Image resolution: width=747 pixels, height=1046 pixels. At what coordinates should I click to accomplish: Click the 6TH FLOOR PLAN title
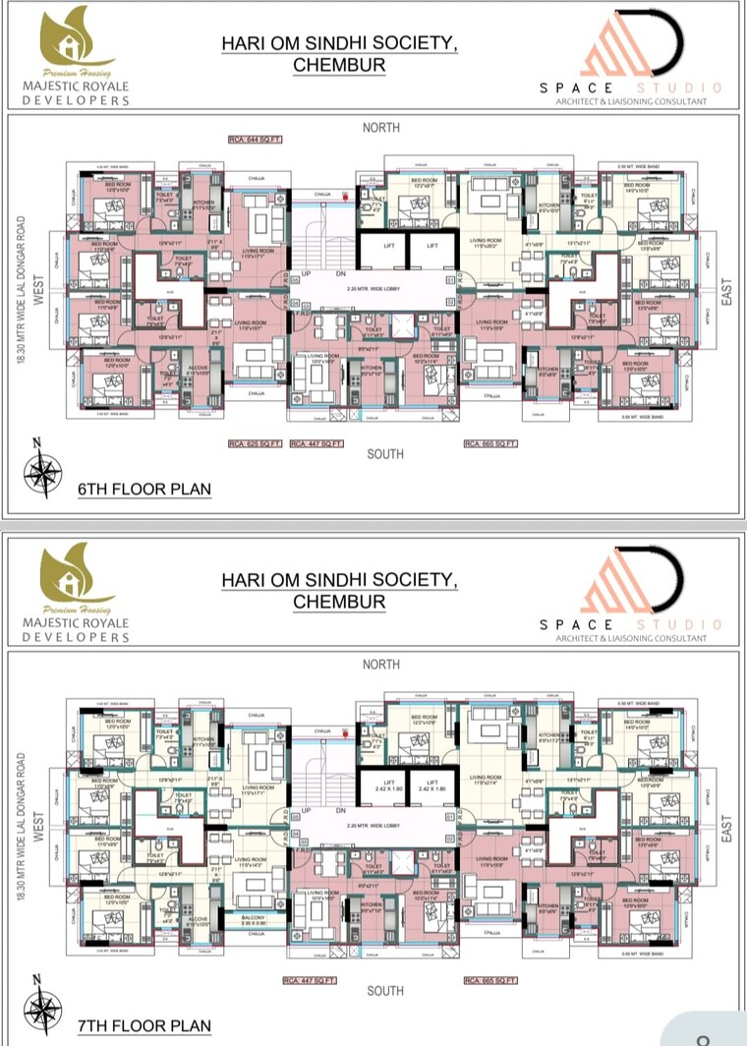pyautogui.click(x=144, y=489)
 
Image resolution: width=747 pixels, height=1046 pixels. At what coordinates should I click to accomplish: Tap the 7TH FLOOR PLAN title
pyautogui.click(x=144, y=1026)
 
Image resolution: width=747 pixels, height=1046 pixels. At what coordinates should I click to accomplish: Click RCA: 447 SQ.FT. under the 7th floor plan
pyautogui.click(x=310, y=980)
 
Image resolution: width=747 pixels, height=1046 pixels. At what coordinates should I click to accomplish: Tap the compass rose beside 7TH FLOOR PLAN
pyautogui.click(x=41, y=1007)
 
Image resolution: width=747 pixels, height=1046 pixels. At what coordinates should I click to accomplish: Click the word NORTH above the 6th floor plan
pyautogui.click(x=380, y=128)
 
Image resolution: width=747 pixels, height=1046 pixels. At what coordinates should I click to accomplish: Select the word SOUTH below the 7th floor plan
pyautogui.click(x=384, y=990)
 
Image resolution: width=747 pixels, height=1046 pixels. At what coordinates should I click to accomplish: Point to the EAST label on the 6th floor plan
pyautogui.click(x=727, y=287)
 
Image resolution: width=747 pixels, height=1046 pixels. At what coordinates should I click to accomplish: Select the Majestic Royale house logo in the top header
pyautogui.click(x=73, y=44)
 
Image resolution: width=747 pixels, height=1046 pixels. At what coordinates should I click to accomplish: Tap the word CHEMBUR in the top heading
pyautogui.click(x=339, y=66)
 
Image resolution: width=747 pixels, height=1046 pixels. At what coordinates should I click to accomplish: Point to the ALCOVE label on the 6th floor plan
pyautogui.click(x=197, y=371)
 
